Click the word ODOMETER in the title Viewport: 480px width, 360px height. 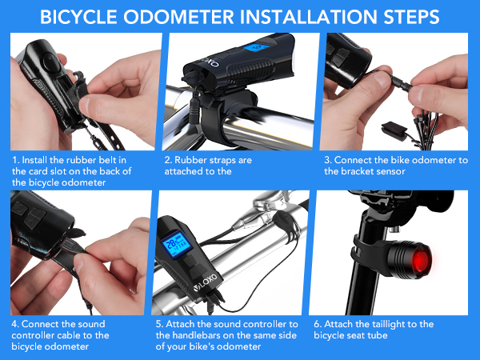(178, 17)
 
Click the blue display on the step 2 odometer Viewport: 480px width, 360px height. (257, 48)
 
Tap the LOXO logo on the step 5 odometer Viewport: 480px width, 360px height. (206, 282)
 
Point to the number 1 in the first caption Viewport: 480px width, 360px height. (15, 160)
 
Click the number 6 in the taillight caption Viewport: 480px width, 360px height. (318, 324)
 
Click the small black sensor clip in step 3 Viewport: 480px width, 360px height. (394, 130)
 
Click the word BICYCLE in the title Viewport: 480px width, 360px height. (78, 17)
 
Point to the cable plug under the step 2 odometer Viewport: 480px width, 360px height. (194, 108)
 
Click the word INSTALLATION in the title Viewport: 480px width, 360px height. (309, 17)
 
